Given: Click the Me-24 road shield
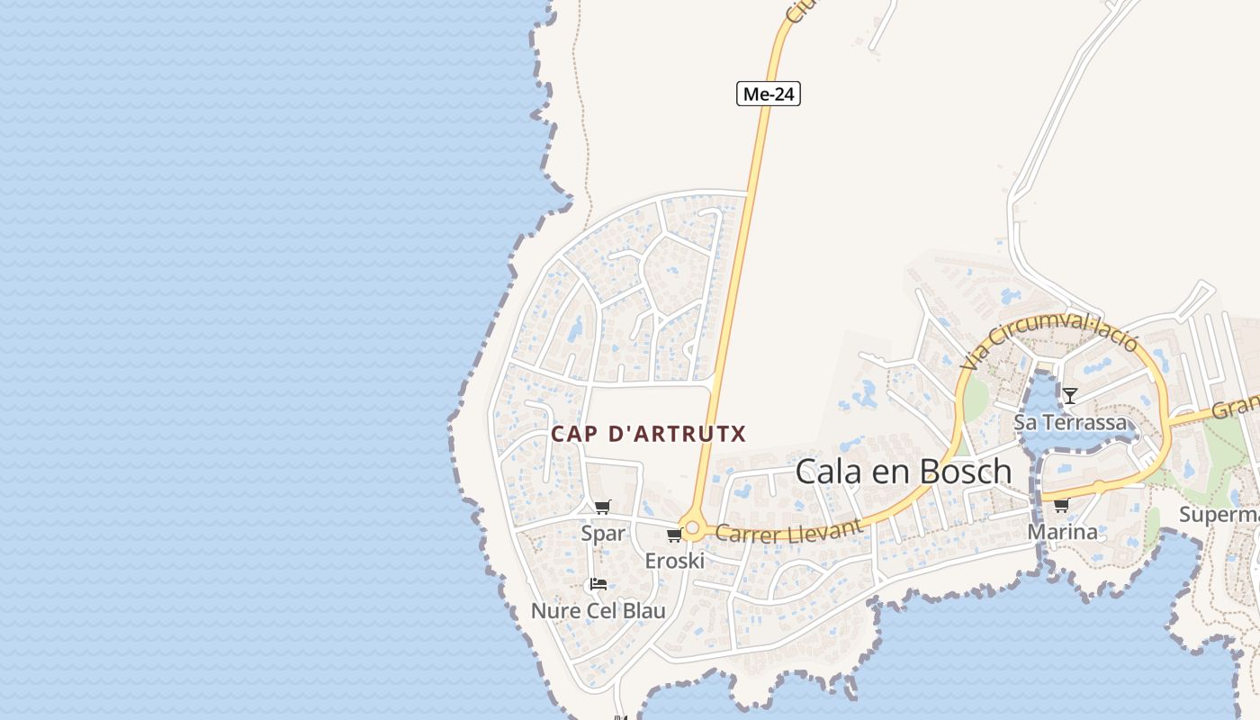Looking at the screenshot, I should pyautogui.click(x=768, y=94).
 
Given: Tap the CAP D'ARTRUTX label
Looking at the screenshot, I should pyautogui.click(x=648, y=434).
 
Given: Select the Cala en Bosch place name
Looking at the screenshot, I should pyautogui.click(x=904, y=471).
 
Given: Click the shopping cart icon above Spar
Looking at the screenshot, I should pyautogui.click(x=602, y=507).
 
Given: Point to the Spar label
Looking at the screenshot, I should pyautogui.click(x=602, y=533).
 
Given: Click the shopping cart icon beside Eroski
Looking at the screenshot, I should pyautogui.click(x=674, y=535).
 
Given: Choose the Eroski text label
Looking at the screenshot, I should pyautogui.click(x=674, y=561).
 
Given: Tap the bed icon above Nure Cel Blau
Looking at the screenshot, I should pyautogui.click(x=598, y=584).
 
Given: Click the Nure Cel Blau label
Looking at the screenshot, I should pyautogui.click(x=598, y=611).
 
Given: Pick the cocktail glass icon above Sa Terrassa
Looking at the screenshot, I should pyautogui.click(x=1069, y=395).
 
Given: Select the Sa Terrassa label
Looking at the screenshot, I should pyautogui.click(x=1069, y=422).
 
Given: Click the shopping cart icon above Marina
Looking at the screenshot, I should pyautogui.click(x=1061, y=505).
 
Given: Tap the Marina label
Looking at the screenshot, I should pyautogui.click(x=1062, y=532).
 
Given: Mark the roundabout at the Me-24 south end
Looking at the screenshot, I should pyautogui.click(x=692, y=527).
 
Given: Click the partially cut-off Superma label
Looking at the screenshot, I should pyautogui.click(x=1219, y=515).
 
